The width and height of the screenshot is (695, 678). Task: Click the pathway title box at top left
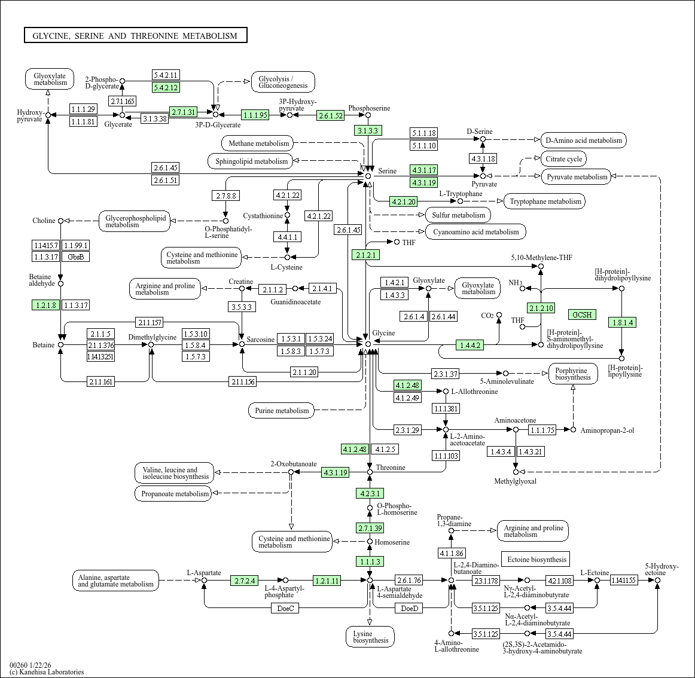pos(135,36)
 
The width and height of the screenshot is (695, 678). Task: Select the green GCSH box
pos(581,314)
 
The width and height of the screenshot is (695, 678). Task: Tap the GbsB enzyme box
pos(75,257)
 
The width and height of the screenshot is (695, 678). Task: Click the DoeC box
pos(285,609)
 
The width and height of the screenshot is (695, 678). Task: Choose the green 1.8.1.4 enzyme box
pos(621,323)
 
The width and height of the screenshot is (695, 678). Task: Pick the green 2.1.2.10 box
pos(541,309)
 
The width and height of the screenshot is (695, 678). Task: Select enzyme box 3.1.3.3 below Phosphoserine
pos(368,131)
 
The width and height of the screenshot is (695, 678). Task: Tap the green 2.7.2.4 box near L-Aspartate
pos(245,581)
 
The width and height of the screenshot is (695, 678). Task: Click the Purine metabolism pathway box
pos(282,411)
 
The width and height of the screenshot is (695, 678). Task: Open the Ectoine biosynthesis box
pos(536,560)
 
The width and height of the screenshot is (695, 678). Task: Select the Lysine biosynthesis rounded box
pos(370,637)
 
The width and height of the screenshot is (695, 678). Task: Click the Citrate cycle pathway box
pos(563,159)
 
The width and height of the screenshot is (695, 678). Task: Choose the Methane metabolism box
pos(258,143)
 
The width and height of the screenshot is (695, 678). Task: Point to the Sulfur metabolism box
pos(459,215)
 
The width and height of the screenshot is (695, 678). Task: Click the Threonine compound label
pos(391,468)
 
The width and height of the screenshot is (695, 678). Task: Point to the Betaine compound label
pos(44,345)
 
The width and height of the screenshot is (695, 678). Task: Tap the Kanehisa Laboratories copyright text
pos(47,672)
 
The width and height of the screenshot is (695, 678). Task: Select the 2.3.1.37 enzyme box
pos(445,374)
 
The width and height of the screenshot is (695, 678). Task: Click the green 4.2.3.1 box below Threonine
pos(370,494)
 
